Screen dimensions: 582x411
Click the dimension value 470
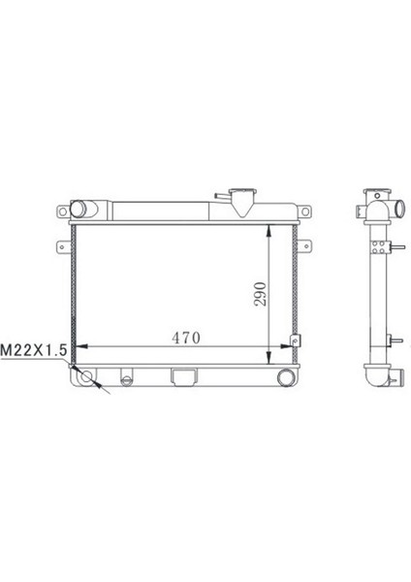click(x=185, y=338)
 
